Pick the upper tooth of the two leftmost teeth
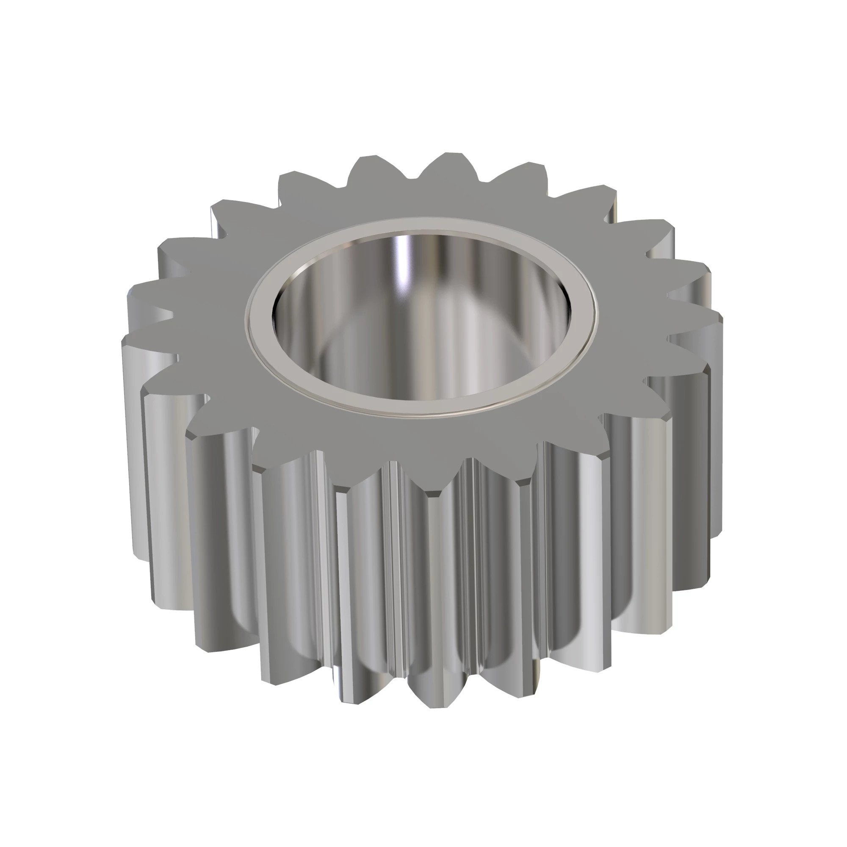point(132,291)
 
